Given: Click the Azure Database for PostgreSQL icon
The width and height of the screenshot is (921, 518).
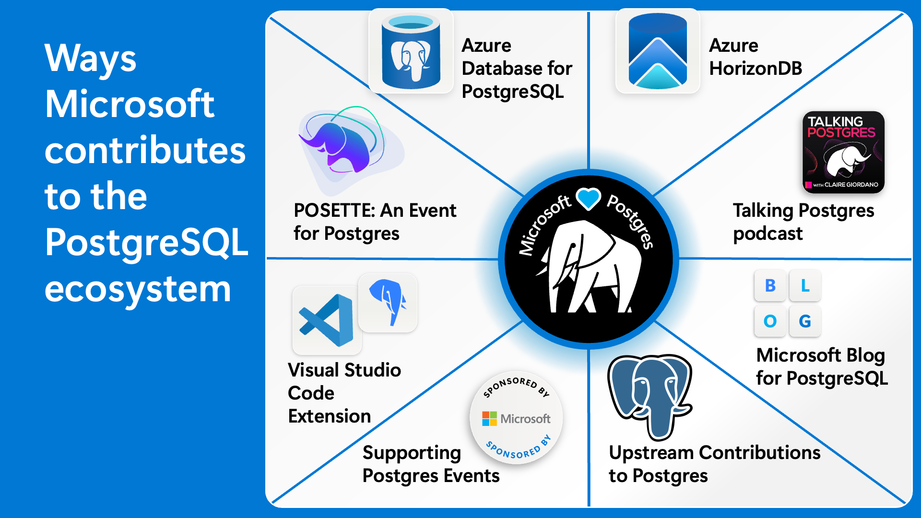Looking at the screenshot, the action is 411,51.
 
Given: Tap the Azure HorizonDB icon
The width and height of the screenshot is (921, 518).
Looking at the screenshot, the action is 658,51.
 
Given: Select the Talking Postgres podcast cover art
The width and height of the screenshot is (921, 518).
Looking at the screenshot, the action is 843,152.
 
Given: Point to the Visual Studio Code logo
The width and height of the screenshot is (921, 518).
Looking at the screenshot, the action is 327,320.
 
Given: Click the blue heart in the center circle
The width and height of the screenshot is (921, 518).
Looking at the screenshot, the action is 589,199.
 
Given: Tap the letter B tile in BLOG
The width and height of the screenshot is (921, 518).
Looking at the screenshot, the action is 770,285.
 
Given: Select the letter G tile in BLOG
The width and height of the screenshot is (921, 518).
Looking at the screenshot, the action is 805,321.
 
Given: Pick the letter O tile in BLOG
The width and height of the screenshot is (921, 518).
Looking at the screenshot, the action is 770,321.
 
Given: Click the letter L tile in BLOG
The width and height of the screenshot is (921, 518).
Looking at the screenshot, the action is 805,285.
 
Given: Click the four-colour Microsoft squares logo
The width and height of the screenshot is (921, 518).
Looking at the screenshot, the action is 489,419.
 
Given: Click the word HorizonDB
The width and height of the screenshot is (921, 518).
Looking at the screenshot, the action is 756,68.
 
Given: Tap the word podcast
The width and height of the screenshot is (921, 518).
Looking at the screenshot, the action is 767,234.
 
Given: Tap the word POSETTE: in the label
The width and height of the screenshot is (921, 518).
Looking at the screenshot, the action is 334,211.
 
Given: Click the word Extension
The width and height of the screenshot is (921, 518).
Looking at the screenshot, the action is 330,416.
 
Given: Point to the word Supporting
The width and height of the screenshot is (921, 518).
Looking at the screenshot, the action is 412,453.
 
